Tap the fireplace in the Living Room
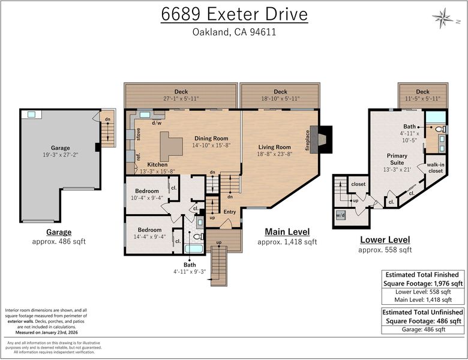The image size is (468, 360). (x=321, y=140)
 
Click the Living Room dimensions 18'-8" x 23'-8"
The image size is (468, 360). (x=275, y=154)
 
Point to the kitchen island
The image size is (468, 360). (x=171, y=146)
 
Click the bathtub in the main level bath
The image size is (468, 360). (x=194, y=248)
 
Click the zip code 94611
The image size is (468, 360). (x=263, y=32)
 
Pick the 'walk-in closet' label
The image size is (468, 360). (x=436, y=168)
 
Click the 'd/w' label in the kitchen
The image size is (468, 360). (x=157, y=122)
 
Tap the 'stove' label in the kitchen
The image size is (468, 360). (x=138, y=134)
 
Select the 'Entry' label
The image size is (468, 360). (x=230, y=212)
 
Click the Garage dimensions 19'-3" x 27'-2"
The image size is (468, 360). (x=60, y=155)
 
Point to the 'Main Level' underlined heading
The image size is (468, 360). (x=287, y=232)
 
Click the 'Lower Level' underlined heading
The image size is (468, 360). (x=385, y=240)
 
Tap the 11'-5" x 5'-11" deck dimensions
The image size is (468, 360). (x=422, y=98)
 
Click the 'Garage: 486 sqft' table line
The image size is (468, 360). (x=423, y=329)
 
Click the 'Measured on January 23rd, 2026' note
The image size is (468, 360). (x=46, y=332)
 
